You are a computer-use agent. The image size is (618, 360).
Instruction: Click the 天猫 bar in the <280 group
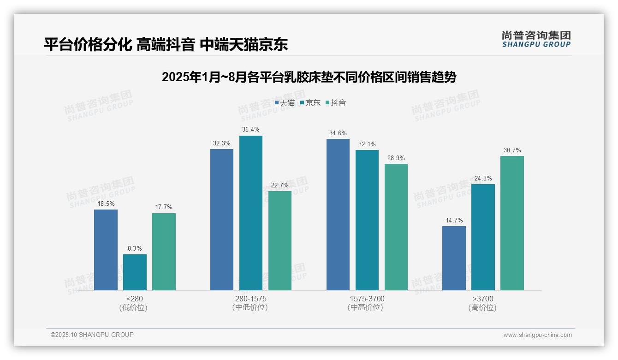pyautogui.click(x=106, y=250)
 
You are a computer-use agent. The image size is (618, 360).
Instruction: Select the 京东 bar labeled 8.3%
pyautogui.click(x=135, y=272)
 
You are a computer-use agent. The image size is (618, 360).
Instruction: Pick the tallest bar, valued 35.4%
pyautogui.click(x=251, y=213)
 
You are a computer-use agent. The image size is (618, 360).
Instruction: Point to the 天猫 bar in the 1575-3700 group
pyautogui.click(x=338, y=214)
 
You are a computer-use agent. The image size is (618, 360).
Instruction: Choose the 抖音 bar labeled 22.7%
pyautogui.click(x=280, y=240)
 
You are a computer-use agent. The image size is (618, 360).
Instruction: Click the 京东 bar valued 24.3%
pyautogui.click(x=483, y=237)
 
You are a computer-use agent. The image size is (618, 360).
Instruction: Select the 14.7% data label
pyautogui.click(x=454, y=220)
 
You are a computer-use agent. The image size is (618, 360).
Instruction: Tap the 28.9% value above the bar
pyautogui.click(x=396, y=158)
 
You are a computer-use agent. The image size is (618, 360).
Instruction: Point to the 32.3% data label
pyautogui.click(x=222, y=143)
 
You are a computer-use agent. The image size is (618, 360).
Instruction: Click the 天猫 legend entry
pyautogui.click(x=285, y=102)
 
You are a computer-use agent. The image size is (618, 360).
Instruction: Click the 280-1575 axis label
pyautogui.click(x=250, y=299)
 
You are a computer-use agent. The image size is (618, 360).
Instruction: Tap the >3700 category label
pyautogui.click(x=483, y=299)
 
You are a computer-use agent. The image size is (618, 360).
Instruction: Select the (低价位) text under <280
pyautogui.click(x=134, y=307)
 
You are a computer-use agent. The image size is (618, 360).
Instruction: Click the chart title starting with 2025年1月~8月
pyautogui.click(x=309, y=77)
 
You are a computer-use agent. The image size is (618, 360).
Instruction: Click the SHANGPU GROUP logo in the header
pyautogui.click(x=536, y=39)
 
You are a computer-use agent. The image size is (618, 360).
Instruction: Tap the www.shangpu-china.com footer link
pyautogui.click(x=537, y=335)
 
